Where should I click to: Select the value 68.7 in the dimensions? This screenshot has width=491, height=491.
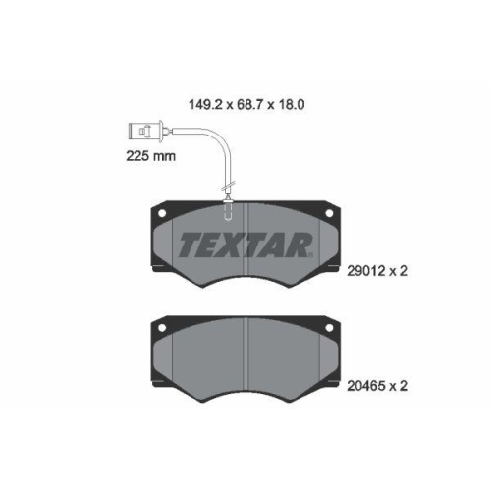pos(249,99)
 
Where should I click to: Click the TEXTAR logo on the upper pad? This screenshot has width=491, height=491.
pos(245,244)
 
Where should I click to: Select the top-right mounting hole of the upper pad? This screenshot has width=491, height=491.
pos(328,210)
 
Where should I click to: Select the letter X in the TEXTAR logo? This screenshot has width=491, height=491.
pos(228,244)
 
